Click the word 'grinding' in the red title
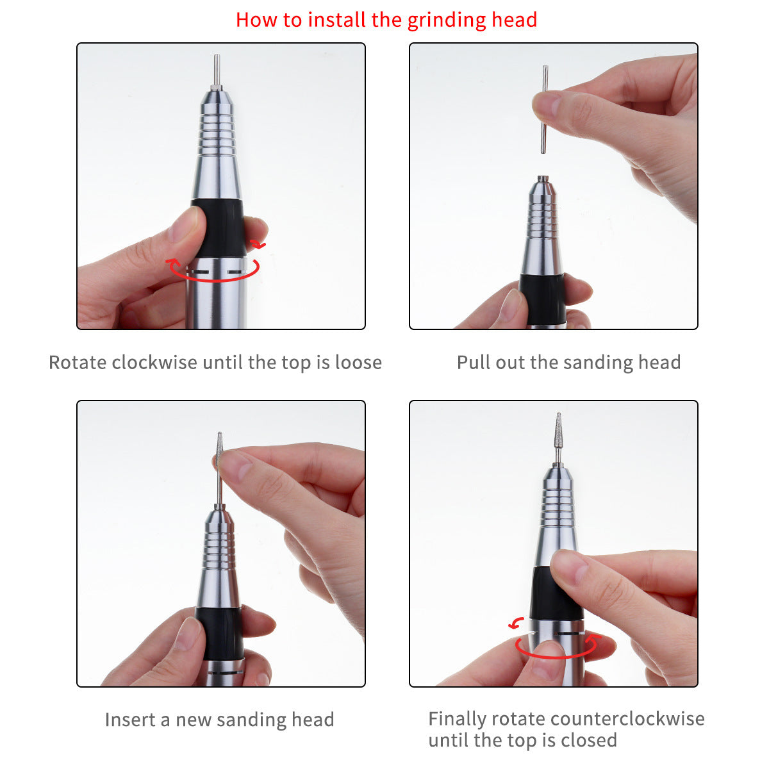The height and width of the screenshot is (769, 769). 447,21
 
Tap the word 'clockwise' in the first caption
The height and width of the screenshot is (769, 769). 154,362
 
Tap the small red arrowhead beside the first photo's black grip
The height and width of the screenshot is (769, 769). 258,244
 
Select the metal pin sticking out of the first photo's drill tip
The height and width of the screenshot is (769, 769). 217,70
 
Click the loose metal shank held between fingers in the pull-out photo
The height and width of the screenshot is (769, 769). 544,110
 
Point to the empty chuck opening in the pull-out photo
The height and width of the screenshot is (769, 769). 543,178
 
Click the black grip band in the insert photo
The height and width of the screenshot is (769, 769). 220,633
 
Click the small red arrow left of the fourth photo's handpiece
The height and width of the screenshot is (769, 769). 517,622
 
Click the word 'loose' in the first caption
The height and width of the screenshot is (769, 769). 358,362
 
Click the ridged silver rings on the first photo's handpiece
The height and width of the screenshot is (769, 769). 217,133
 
